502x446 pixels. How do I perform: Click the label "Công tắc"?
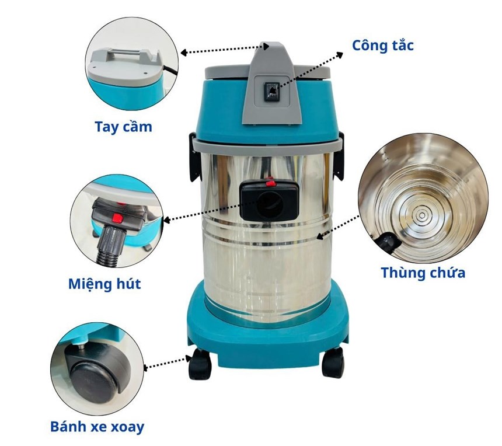pyautogui.click(x=382, y=45)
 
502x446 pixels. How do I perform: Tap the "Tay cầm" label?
pyautogui.click(x=123, y=127)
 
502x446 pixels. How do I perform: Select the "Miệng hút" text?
pyautogui.click(x=104, y=284)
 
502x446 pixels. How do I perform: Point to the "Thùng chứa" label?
pyautogui.click(x=423, y=273)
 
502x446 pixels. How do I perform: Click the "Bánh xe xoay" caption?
pyautogui.click(x=97, y=427)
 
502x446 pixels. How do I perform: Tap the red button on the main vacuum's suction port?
pyautogui.click(x=270, y=184)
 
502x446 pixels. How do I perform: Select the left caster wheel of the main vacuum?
pyautogui.click(x=200, y=364)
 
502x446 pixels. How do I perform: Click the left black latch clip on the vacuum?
pyautogui.click(x=194, y=156)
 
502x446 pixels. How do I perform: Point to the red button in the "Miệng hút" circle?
pyautogui.click(x=117, y=218)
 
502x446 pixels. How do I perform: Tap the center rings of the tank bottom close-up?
pyautogui.click(x=421, y=215)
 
